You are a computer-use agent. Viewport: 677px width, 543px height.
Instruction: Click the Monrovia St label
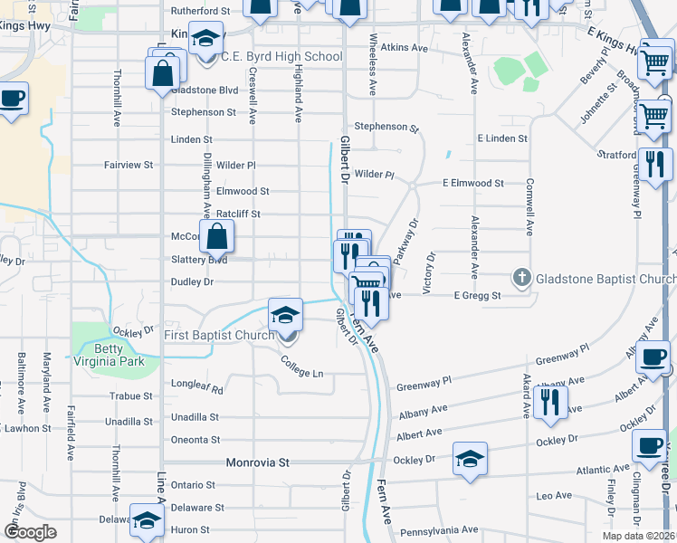pos(257,462)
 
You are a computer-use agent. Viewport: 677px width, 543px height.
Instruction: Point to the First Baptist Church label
pos(218,336)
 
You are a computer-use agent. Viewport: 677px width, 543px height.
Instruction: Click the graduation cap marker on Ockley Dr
pos(469,458)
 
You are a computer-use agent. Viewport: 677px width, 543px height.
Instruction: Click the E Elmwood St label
pos(472,183)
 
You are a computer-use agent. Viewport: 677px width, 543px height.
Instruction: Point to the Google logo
pos(30,532)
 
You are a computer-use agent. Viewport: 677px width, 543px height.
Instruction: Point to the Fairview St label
pos(129,166)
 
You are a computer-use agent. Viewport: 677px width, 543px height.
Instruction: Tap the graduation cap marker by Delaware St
pos(147,521)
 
